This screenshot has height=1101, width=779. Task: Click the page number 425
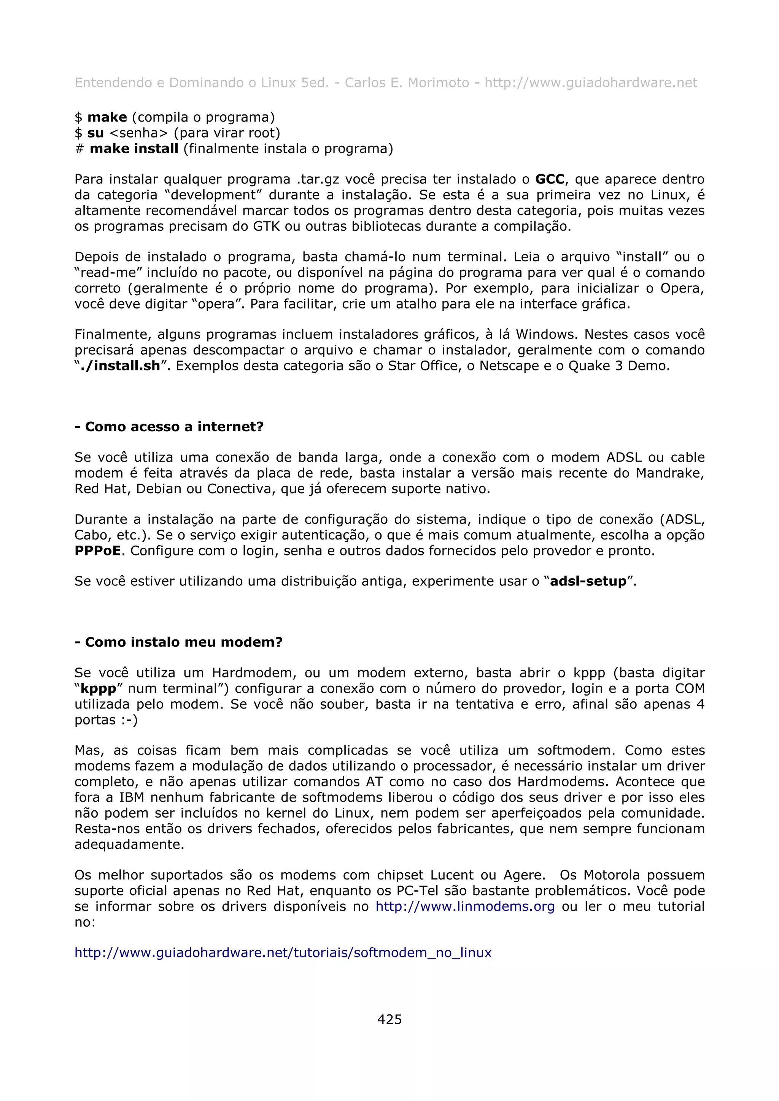(x=389, y=1019)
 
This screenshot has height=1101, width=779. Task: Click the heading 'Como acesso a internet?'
(x=174, y=426)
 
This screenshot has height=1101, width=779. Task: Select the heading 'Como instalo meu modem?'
(x=183, y=642)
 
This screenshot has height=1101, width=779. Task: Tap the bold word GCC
(x=550, y=179)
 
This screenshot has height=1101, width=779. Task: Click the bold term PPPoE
(x=98, y=550)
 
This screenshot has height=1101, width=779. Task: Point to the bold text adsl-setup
(x=588, y=581)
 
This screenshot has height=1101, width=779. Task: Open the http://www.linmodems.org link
(x=464, y=906)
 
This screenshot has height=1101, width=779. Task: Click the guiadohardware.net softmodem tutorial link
(x=283, y=952)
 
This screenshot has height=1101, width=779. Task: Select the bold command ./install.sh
(x=119, y=366)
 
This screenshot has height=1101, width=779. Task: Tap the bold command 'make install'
(x=134, y=149)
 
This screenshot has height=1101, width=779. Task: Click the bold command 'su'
(x=95, y=133)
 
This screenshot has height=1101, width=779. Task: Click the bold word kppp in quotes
(x=99, y=689)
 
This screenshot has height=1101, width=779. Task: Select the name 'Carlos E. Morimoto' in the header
(x=407, y=83)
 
